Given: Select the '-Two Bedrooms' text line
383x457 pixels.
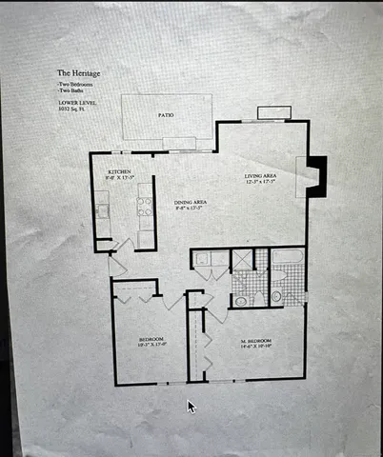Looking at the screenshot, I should tap(74, 84).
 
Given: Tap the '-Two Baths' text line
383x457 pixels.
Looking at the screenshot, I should tap(70, 91).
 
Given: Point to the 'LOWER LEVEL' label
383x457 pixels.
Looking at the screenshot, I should tap(73, 103).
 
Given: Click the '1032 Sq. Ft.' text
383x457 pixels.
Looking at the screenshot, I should tap(72, 109).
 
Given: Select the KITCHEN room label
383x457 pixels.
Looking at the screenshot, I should tap(118, 171).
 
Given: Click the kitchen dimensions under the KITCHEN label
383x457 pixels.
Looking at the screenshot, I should tap(118, 178).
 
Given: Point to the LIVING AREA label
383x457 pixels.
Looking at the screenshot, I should tap(259, 175).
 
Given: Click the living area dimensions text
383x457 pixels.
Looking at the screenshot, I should tap(259, 183).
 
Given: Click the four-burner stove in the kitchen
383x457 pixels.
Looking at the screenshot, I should tap(146, 206).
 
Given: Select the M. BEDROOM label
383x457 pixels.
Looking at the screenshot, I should tap(255, 340).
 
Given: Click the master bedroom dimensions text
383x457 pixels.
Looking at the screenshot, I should tap(255, 347).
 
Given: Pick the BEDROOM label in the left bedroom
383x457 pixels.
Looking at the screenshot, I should tap(151, 340).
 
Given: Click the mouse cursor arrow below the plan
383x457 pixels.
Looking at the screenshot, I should tap(191, 407).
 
